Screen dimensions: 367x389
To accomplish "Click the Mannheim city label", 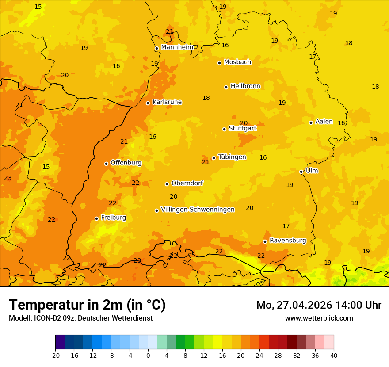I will click(x=177, y=47).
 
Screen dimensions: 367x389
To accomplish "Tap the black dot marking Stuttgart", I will click(x=224, y=129).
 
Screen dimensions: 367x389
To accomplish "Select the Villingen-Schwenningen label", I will click(x=198, y=210).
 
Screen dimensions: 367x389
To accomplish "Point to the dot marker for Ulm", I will click(x=301, y=172).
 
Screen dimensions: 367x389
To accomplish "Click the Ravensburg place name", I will click(x=288, y=241).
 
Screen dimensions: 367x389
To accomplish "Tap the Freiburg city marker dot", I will click(x=96, y=218).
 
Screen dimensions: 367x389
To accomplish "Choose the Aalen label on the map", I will click(x=324, y=122).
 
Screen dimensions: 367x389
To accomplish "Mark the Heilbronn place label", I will click(x=245, y=86).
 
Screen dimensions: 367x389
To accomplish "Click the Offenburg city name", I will click(x=126, y=163).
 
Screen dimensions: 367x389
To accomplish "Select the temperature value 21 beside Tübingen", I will click(x=206, y=162).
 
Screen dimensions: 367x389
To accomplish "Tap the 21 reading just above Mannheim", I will click(x=170, y=31).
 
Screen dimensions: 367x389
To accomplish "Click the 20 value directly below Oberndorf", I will click(x=174, y=197).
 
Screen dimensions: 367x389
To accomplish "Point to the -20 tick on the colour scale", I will click(x=55, y=355).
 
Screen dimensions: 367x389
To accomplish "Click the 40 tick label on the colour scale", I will click(x=334, y=355).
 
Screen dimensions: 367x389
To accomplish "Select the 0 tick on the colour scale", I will click(x=148, y=355).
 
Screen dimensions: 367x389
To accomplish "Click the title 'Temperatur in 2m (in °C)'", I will click(x=87, y=305).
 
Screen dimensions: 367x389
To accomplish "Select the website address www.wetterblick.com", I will click(x=319, y=318).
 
